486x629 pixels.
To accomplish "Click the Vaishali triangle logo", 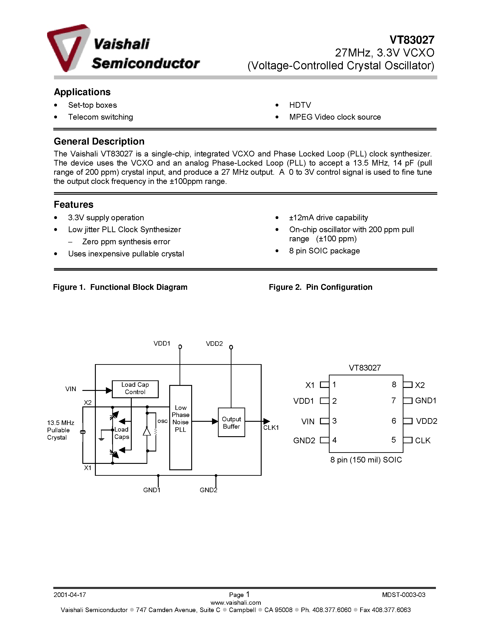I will point(68,48).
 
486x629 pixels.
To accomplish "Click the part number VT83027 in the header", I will point(412,40).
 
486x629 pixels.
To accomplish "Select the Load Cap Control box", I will point(135,389).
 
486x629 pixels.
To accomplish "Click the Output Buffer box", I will point(231,422).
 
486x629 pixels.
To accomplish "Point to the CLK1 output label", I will point(271,428).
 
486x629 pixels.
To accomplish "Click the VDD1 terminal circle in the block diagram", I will point(180,347).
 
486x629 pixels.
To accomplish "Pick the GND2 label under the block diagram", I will point(208,490).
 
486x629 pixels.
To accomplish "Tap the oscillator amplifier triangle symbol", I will point(147,431).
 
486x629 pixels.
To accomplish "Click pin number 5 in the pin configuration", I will point(394,440).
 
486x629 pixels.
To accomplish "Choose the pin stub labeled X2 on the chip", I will point(408,385).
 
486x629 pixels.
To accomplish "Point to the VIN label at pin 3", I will point(308,422).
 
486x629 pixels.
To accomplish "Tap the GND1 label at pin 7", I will point(426,401).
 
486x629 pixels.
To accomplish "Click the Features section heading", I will point(74,204).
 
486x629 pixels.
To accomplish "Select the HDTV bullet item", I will point(300,105).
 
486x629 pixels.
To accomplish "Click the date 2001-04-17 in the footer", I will point(70,595).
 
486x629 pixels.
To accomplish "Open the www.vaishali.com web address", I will point(236,602).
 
